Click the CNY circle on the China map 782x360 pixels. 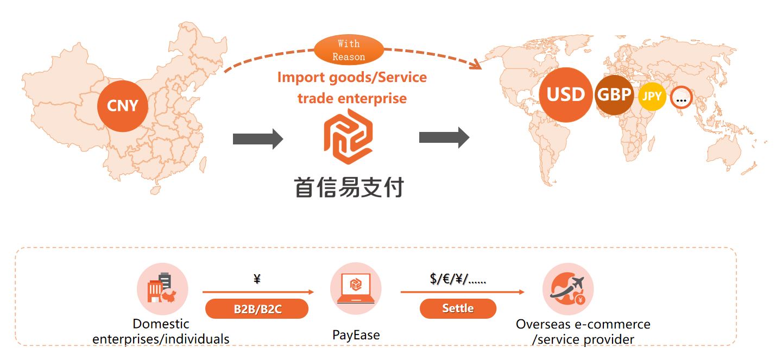123,106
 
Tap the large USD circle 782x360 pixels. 565,94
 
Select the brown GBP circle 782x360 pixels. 614,95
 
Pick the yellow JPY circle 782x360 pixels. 652,97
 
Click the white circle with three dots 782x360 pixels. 681,98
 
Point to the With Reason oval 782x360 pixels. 349,50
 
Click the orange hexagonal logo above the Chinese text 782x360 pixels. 348,136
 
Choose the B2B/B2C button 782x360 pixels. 257,309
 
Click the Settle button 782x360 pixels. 458,308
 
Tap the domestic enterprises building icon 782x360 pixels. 162,289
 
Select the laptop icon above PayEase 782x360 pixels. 356,288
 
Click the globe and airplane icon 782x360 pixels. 568,289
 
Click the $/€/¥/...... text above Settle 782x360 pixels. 458,280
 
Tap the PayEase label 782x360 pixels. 356,334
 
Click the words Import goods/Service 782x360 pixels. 352,77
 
